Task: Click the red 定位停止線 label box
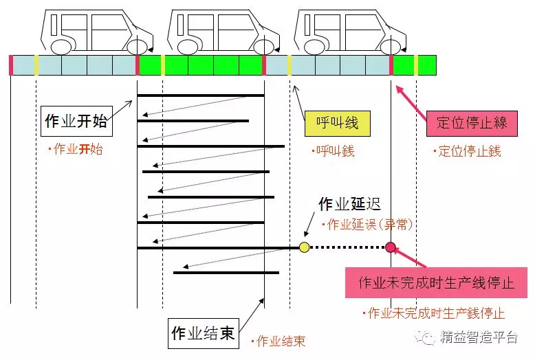[472, 123]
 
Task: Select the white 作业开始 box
[76, 121]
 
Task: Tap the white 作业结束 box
[202, 333]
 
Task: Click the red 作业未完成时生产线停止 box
[437, 283]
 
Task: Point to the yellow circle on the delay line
[305, 247]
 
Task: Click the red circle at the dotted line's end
[391, 247]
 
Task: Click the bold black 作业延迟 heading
[349, 204]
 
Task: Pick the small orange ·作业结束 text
[278, 341]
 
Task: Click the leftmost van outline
[96, 31]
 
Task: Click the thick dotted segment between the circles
[347, 247]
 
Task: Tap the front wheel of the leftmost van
[138, 47]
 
